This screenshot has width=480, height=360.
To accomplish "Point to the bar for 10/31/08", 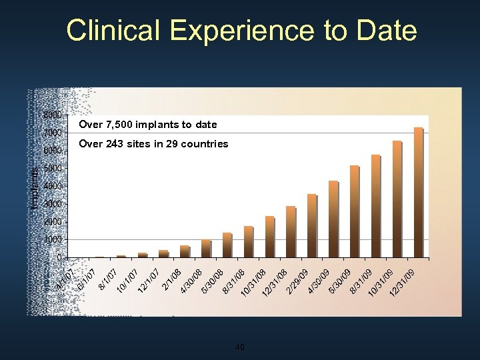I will pyautogui.click(x=249, y=241).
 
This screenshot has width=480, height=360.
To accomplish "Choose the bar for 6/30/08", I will pyautogui.click(x=206, y=248).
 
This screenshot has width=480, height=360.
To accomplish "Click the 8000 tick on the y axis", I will pyautogui.click(x=53, y=115).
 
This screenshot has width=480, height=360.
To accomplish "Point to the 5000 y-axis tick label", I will pyautogui.click(x=53, y=168).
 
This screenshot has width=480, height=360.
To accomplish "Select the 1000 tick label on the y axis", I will pyautogui.click(x=53, y=239).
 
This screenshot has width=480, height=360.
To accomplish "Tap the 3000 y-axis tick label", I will pyautogui.click(x=53, y=203).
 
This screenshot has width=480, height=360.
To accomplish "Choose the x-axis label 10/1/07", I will pyautogui.click(x=127, y=281).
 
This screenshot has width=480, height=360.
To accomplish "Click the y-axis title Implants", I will pyautogui.click(x=35, y=187).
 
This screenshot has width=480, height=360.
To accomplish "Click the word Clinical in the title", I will pyautogui.click(x=113, y=31).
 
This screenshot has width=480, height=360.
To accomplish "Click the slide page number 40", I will pyautogui.click(x=241, y=347).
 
